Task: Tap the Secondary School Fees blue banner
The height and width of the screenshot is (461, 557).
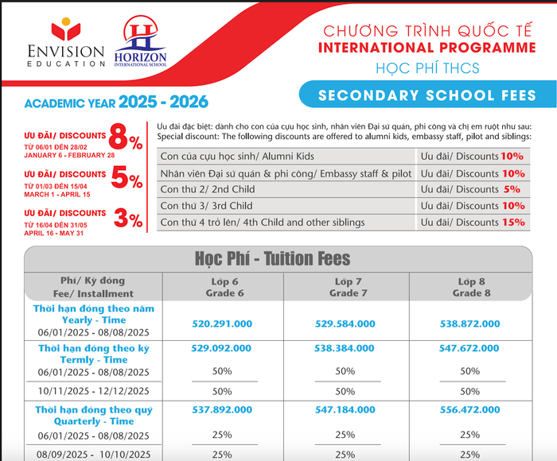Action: coord(427,95)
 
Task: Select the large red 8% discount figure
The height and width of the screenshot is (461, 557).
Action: coord(126,141)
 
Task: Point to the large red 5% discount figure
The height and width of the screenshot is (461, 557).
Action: coord(126,180)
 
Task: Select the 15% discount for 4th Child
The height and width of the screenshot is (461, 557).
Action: coord(512,223)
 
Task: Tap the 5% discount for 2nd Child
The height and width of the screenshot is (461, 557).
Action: coord(512,189)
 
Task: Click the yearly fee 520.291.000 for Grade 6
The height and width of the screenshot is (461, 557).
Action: coord(223,324)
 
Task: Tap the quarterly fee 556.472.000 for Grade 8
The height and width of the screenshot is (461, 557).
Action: coord(469,411)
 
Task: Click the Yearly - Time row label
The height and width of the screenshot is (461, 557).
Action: coord(94,320)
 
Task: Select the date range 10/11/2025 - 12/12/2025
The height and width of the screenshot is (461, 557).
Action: coord(94,391)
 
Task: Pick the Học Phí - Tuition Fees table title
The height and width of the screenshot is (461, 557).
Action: coord(272,259)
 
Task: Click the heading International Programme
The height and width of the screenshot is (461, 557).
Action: coord(427,48)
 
